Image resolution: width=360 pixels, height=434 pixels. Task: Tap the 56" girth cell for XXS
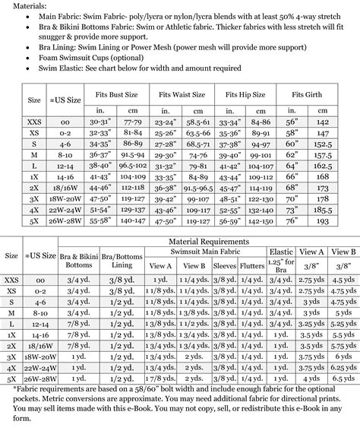pos(290,121)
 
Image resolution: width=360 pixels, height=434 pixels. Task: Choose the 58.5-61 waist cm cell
pos(198,121)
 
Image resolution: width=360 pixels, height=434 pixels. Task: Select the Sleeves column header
pos(224,266)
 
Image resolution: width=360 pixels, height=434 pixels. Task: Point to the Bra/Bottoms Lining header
pos(119,261)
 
